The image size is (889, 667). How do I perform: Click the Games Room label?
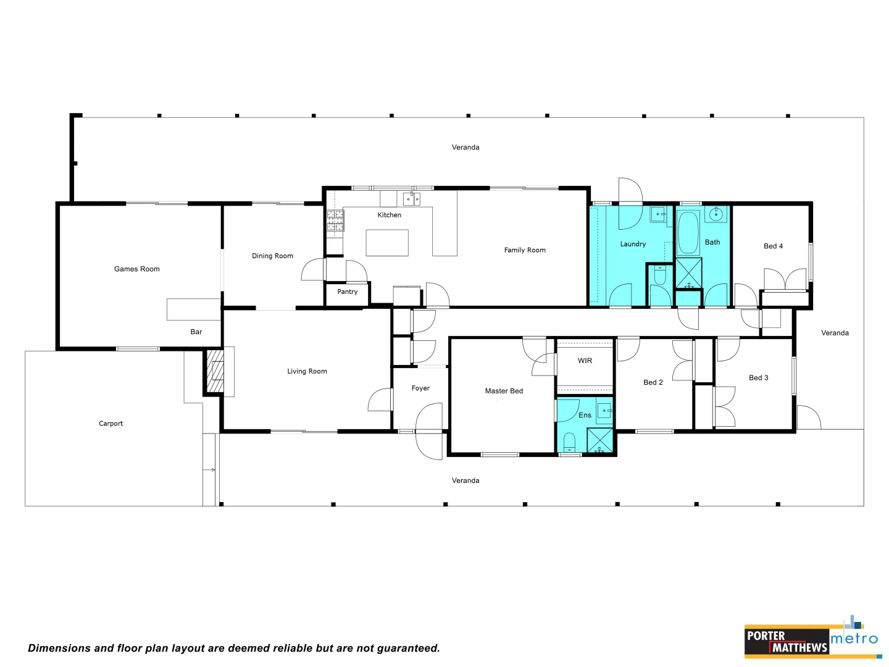[136, 269]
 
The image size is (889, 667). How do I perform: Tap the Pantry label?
[347, 292]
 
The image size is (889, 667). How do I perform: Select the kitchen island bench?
[387, 243]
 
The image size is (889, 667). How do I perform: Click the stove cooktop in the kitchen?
[335, 220]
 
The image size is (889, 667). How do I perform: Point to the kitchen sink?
[411, 199]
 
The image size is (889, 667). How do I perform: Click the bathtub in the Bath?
[688, 233]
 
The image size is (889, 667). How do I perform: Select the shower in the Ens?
[599, 441]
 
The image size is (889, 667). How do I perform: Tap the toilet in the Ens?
[569, 442]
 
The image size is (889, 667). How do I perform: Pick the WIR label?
[585, 361]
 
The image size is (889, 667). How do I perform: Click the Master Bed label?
[504, 391]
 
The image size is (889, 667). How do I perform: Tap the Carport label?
[111, 424]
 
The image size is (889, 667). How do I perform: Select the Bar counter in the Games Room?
[193, 309]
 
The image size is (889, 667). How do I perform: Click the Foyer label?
[420, 388]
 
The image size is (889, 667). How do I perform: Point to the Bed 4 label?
[773, 246]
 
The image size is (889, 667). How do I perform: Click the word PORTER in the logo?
[766, 636]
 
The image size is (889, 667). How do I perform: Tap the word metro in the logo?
[854, 639]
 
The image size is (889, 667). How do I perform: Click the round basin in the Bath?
[716, 215]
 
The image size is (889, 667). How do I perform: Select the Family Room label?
[525, 250]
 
